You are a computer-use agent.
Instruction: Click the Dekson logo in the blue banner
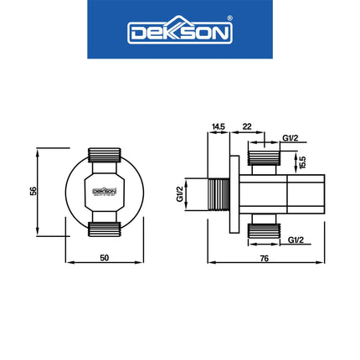click(179, 32)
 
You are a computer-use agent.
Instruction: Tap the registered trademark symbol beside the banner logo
click(232, 23)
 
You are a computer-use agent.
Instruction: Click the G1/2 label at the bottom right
click(296, 240)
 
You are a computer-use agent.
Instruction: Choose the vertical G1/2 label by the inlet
click(180, 194)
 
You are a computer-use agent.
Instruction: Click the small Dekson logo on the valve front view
click(104, 191)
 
